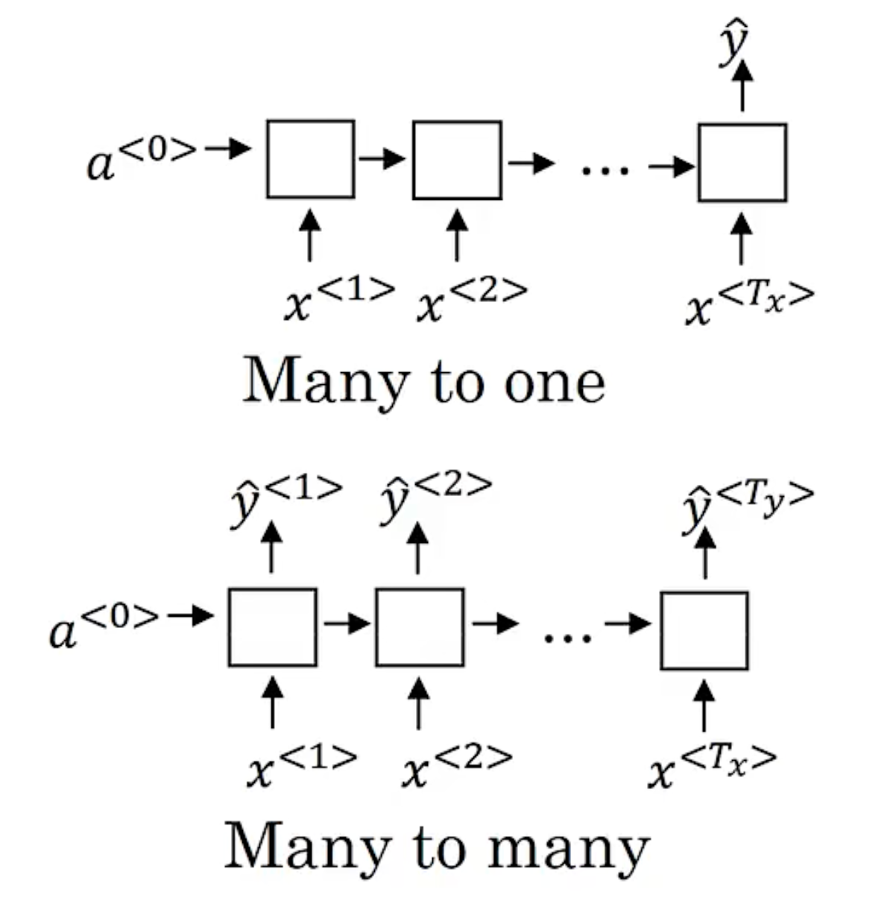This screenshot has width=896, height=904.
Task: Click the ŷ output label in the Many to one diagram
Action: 734,45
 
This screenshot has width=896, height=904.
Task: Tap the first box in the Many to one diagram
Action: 310,159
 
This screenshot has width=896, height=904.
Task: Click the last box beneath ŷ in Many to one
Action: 742,163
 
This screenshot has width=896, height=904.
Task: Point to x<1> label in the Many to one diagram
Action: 338,298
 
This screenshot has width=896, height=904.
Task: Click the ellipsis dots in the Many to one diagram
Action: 605,171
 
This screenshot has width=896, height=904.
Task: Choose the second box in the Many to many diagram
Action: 420,627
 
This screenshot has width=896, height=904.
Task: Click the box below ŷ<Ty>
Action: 704,631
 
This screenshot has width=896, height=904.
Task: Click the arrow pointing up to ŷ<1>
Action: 271,547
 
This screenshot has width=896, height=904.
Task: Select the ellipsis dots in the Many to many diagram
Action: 568,638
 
